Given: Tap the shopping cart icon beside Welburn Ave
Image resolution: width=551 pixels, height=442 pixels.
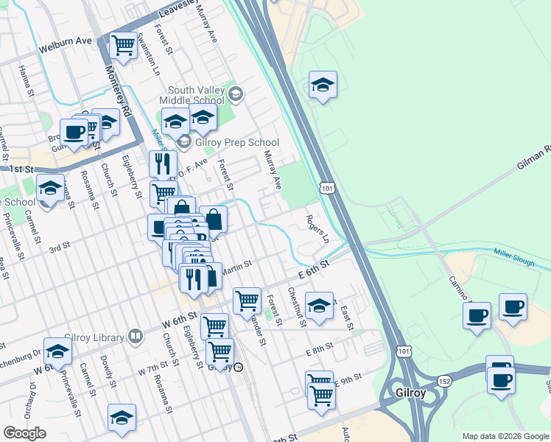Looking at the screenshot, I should (123, 46).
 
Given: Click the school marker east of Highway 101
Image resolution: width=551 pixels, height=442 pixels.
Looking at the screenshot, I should (323, 86).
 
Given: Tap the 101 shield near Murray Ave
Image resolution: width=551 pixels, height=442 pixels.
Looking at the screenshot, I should (328, 189).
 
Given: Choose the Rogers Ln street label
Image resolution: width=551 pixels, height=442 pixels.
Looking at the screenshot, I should (317, 230).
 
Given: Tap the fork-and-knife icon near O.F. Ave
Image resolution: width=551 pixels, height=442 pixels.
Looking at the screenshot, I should (163, 164).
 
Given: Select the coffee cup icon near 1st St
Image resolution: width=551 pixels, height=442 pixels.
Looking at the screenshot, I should (74, 133).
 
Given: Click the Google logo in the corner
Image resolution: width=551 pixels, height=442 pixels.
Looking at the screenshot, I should (24, 433).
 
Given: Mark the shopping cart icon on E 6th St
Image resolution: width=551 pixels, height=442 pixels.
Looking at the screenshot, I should (247, 301).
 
